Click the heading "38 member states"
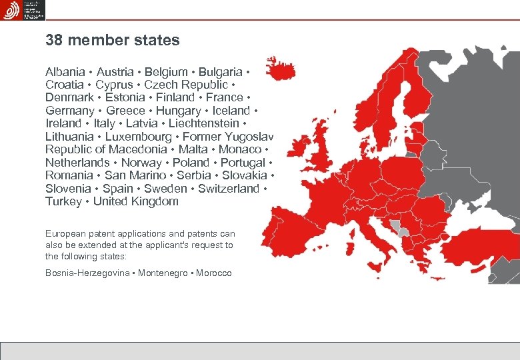pyautogui.click(x=113, y=40)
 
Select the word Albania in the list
pyautogui.click(x=65, y=71)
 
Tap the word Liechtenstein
pyautogui.click(x=204, y=123)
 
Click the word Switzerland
pyautogui.click(x=229, y=189)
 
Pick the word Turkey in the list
pyautogui.click(x=63, y=201)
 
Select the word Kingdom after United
pyautogui.click(x=155, y=201)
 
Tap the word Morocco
pyautogui.click(x=214, y=273)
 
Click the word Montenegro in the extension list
pyautogui.click(x=163, y=273)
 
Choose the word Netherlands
pyautogui.click(x=77, y=163)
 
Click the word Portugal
pyautogui.click(x=243, y=163)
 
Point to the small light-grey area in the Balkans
pyautogui.click(x=401, y=230)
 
